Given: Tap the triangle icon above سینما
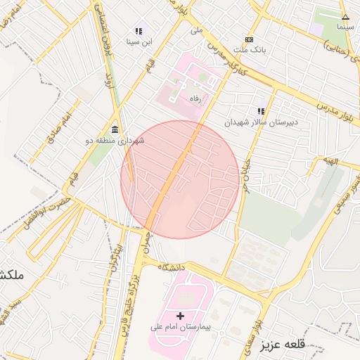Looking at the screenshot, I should pos(345,17).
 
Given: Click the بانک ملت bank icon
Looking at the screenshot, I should pos(249,40).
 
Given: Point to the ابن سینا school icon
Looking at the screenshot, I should pos(139,32).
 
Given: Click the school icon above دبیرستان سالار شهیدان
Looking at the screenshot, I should pos(262,111).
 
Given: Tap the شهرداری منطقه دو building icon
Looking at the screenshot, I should pos(115,129).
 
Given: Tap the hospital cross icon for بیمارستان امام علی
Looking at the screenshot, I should pos(181,316).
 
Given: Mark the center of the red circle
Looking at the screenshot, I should pos(180,179).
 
